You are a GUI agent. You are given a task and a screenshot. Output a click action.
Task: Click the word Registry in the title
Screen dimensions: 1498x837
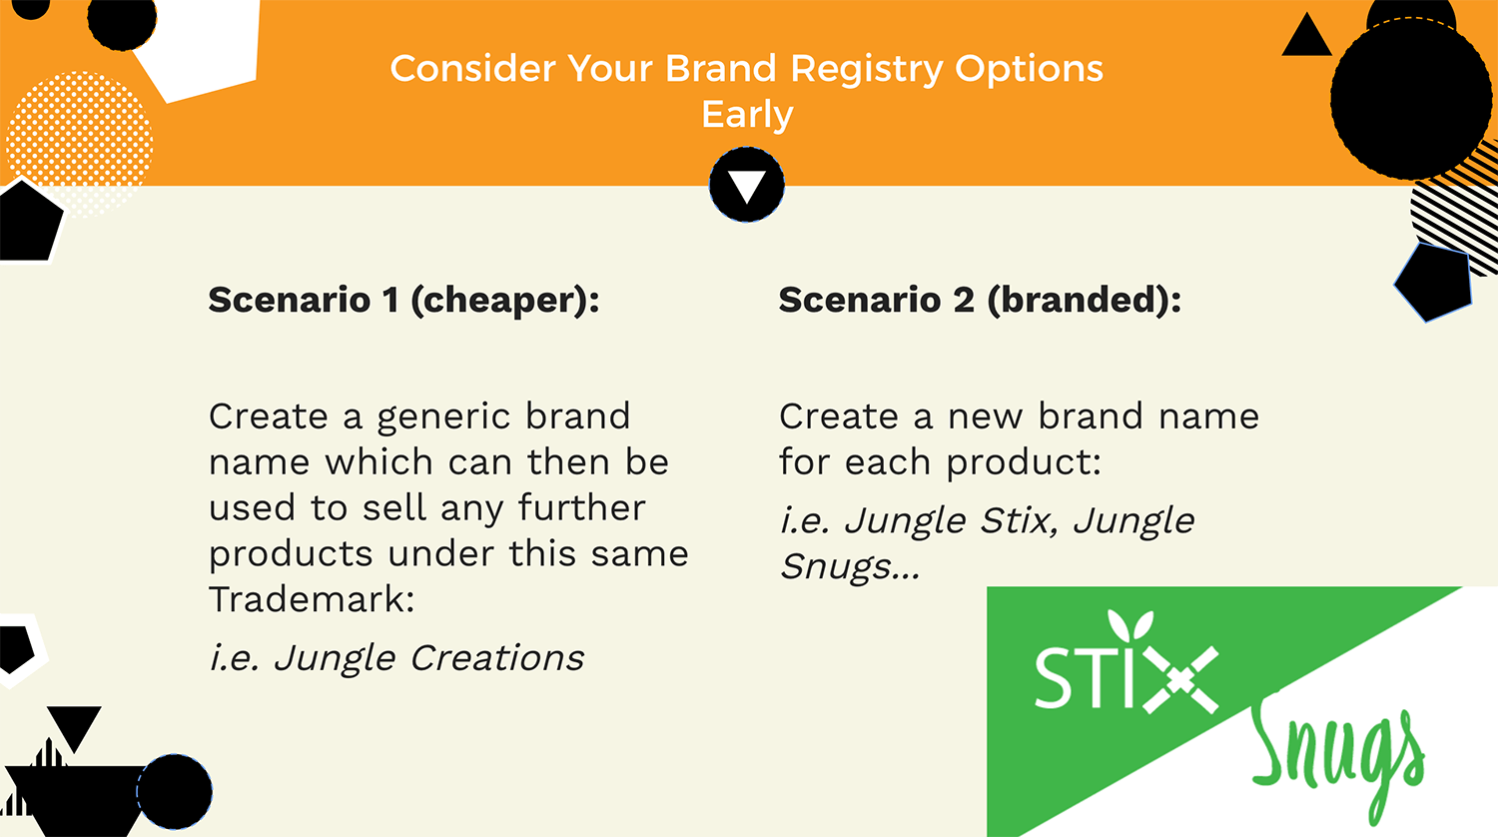[x=867, y=70]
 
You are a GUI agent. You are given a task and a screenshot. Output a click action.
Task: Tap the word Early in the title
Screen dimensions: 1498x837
[x=747, y=115]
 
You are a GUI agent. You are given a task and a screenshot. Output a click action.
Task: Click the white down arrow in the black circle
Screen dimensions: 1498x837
[x=746, y=186]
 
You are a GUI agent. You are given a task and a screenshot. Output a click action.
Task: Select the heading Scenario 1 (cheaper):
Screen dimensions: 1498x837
[x=403, y=300]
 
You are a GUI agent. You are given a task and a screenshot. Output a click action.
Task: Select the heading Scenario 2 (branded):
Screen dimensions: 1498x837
[x=980, y=300]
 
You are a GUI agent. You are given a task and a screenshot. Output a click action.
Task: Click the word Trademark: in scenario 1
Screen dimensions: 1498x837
[x=312, y=599]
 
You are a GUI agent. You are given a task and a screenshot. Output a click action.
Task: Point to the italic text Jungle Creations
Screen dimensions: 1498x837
[x=429, y=658]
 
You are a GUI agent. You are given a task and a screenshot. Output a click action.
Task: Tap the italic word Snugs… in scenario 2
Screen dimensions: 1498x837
[x=850, y=567]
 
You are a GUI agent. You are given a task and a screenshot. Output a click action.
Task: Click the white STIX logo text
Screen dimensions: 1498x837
[x=1126, y=676]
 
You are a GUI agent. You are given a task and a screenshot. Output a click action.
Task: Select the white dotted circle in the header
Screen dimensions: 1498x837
[x=79, y=145]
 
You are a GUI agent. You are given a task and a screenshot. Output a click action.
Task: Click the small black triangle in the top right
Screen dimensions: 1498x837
[x=1306, y=36]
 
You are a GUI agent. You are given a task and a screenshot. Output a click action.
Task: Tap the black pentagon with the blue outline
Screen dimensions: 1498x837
[x=1434, y=283]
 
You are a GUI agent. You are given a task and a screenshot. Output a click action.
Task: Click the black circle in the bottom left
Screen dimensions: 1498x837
[x=175, y=791]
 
